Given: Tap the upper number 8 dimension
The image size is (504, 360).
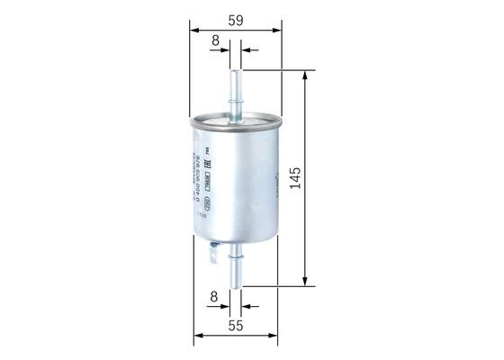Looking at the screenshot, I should pos(215,40).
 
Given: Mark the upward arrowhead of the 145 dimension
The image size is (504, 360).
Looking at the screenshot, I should pos(308,73).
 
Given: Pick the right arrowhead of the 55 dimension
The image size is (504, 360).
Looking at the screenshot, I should pos(276,337).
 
